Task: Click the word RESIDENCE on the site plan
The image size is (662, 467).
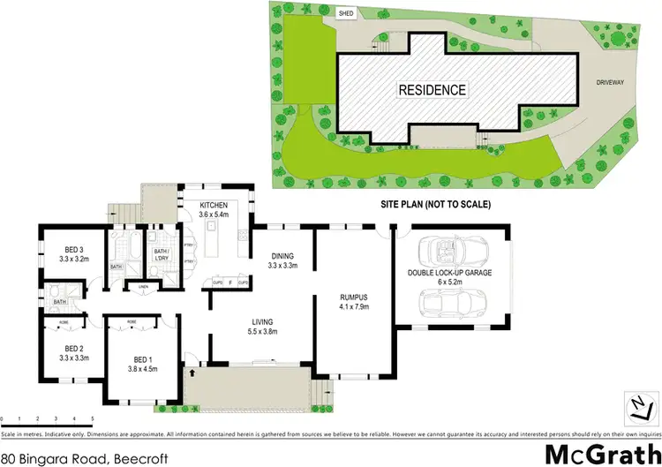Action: point(432,90)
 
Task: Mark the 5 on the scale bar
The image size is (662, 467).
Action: point(92,418)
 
